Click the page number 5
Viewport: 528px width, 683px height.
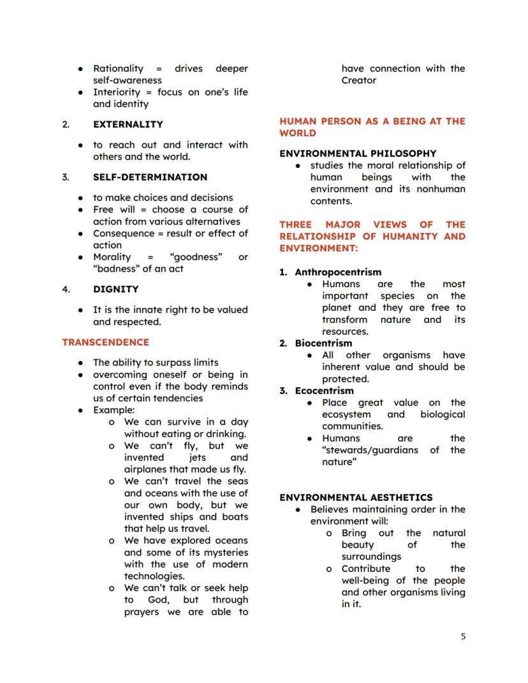pyautogui.click(x=463, y=636)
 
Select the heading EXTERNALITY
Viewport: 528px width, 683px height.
pyautogui.click(x=128, y=124)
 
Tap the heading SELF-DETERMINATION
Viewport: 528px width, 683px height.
pyautogui.click(x=150, y=177)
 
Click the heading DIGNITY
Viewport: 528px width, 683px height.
pyautogui.click(x=115, y=289)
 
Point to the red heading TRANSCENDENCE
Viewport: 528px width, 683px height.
pyautogui.click(x=105, y=342)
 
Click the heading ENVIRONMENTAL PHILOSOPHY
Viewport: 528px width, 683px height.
pyautogui.click(x=358, y=154)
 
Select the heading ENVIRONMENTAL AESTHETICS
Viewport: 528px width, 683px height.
pyautogui.click(x=356, y=497)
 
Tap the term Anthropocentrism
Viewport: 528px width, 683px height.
pyautogui.click(x=338, y=272)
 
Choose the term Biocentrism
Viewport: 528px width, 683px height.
pyautogui.click(x=323, y=343)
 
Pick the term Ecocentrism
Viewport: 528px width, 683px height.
pyautogui.click(x=324, y=391)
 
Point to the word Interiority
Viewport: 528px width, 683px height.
pyautogui.click(x=117, y=92)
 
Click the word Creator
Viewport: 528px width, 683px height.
pyautogui.click(x=359, y=80)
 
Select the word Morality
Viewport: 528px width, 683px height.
pyautogui.click(x=112, y=257)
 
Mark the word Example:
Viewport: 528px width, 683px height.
pyautogui.click(x=114, y=410)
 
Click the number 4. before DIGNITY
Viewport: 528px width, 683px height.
pyautogui.click(x=66, y=289)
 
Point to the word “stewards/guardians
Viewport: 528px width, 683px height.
pyautogui.click(x=370, y=450)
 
